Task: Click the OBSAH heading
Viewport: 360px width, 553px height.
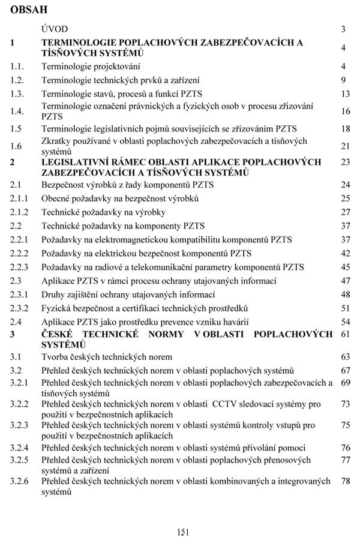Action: tap(29, 10)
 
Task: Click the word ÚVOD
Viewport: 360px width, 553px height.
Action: tap(55, 28)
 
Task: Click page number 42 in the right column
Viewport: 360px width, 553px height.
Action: tap(345, 253)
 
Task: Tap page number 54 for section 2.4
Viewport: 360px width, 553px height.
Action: tap(345, 322)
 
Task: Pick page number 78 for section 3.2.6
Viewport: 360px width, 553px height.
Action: tap(345, 481)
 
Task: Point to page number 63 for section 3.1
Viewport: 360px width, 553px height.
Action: tap(345, 357)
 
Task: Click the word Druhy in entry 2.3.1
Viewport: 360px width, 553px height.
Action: tap(55, 294)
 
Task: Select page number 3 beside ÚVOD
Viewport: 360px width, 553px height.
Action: tap(343, 28)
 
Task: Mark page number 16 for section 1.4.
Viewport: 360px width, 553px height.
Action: tap(345, 111)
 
